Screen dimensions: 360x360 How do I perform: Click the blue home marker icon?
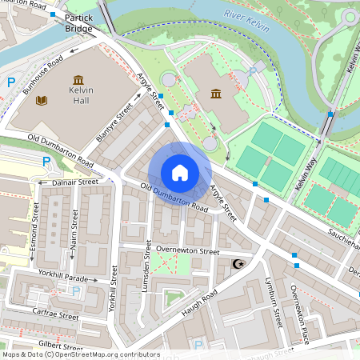pos(180,173)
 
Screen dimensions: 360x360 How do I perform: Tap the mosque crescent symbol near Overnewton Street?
pos(236,264)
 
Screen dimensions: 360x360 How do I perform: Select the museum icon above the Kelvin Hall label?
pos(78,80)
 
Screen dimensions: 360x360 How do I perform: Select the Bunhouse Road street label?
pos(43,76)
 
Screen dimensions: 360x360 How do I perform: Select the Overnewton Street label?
pos(188,250)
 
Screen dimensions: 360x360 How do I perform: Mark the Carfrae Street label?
pos(55,313)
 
